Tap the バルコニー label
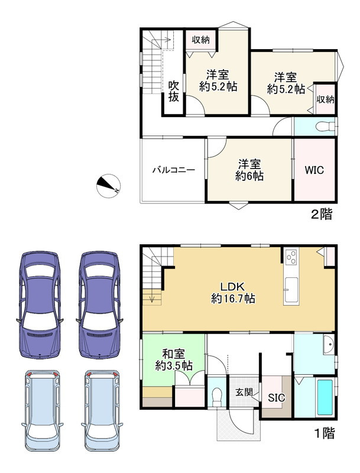(174, 170)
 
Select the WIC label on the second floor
(314, 170)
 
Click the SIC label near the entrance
(277, 398)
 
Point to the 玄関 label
(244, 393)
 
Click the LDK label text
(232, 286)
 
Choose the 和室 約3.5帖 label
(174, 360)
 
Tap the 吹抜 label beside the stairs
(174, 92)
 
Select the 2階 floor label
(322, 215)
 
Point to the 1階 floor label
(325, 433)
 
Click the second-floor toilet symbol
(325, 127)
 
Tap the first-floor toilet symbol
(217, 397)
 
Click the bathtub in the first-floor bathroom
(325, 397)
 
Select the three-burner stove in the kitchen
(291, 257)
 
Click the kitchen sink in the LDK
(291, 287)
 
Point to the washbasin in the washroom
(329, 345)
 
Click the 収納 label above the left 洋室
(201, 40)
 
